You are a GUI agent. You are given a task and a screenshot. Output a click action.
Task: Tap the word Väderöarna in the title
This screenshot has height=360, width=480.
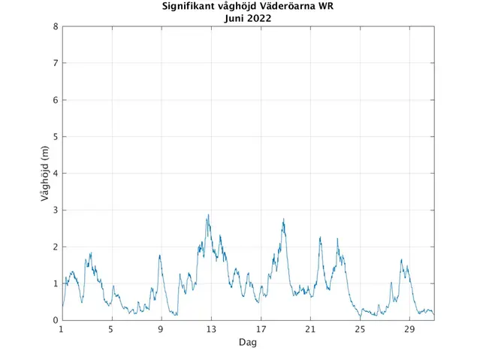(x=287, y=8)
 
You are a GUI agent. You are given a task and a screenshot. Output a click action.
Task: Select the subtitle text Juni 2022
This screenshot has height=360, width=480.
(x=248, y=19)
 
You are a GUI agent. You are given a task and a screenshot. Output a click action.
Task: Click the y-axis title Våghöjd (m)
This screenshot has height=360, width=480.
(x=45, y=174)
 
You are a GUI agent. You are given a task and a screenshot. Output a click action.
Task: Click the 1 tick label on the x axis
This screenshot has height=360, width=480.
(x=62, y=329)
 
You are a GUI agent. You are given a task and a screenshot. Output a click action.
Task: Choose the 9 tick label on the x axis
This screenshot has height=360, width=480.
(x=161, y=329)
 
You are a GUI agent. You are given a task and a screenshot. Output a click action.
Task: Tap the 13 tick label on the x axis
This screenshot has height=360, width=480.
(x=211, y=329)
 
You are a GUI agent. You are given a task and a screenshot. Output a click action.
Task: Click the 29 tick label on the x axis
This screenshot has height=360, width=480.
(x=409, y=329)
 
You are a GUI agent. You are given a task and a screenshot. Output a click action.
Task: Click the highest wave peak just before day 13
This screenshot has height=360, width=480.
(x=208, y=216)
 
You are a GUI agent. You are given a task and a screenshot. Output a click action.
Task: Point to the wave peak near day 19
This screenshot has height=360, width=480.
(x=284, y=219)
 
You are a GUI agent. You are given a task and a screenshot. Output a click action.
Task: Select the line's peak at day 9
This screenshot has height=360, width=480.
(x=160, y=256)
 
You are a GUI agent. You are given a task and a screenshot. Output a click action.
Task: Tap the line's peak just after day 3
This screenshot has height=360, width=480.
(x=91, y=253)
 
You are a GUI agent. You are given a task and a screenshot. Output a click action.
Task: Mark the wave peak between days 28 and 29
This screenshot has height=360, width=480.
(x=402, y=260)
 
